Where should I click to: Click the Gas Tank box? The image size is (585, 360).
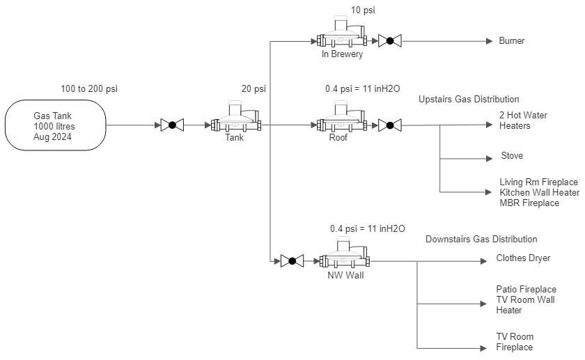pyautogui.click(x=56, y=126)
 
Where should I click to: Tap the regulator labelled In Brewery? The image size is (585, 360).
pyautogui.click(x=341, y=35)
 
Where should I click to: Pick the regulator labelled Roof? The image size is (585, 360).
pyautogui.click(x=341, y=119)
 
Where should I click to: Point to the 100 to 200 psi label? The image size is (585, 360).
pyautogui.click(x=89, y=89)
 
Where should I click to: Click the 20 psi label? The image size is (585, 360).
pyautogui.click(x=253, y=89)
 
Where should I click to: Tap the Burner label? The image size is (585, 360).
pyautogui.click(x=512, y=41)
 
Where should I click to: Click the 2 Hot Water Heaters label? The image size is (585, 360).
pyautogui.click(x=516, y=120)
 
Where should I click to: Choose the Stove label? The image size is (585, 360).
pyautogui.click(x=512, y=156)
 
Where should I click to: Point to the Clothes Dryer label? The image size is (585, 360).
pyautogui.click(x=523, y=258)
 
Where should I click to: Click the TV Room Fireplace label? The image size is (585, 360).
pyautogui.click(x=515, y=342)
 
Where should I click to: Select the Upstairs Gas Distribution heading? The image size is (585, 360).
pyautogui.click(x=469, y=100)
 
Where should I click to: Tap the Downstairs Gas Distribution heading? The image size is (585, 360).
pyautogui.click(x=481, y=240)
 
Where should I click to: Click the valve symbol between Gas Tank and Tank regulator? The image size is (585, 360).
pyautogui.click(x=172, y=125)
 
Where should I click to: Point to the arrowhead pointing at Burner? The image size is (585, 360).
pyautogui.click(x=490, y=41)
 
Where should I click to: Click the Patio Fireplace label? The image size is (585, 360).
pyautogui.click(x=526, y=289)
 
